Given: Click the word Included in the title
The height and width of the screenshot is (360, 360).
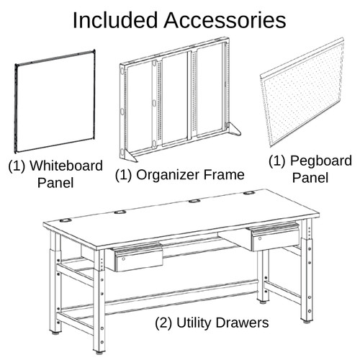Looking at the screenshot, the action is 115,20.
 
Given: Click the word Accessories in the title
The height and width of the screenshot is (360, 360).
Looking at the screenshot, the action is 225,20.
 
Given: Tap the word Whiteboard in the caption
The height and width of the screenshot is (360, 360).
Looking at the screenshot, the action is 66,166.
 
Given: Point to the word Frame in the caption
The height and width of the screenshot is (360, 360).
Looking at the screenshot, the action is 224,174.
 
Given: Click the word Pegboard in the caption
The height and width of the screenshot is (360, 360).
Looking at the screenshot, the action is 321,161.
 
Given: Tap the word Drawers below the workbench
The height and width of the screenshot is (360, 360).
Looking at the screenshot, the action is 242,323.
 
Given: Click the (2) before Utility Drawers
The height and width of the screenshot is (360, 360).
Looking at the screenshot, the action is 163,323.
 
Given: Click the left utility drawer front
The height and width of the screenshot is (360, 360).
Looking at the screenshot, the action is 139,260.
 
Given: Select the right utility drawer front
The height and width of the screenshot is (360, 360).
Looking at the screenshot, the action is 275,240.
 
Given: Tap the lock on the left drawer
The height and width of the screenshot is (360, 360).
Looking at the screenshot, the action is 123,259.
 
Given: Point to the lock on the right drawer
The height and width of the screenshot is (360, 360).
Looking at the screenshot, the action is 259,238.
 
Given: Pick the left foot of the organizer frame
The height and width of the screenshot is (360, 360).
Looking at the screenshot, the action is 130,156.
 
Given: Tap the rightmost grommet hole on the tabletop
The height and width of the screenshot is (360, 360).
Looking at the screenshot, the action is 250,193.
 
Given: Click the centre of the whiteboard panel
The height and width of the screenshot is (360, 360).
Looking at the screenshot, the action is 55,102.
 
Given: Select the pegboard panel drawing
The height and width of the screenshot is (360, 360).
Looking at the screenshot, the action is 302,92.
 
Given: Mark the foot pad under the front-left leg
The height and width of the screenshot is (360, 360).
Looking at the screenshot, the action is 99,353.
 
